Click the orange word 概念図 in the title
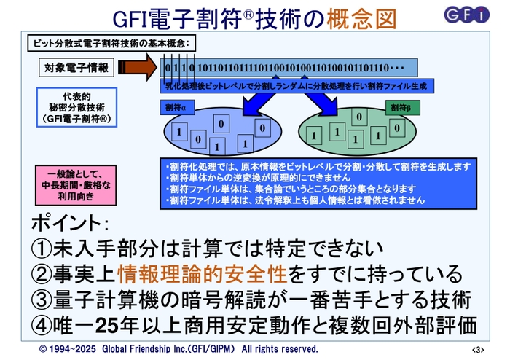click(355, 17)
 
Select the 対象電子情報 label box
click(76, 68)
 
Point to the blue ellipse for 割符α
click(212, 131)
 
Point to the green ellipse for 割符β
click(353, 131)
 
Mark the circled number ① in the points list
click(41, 248)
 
